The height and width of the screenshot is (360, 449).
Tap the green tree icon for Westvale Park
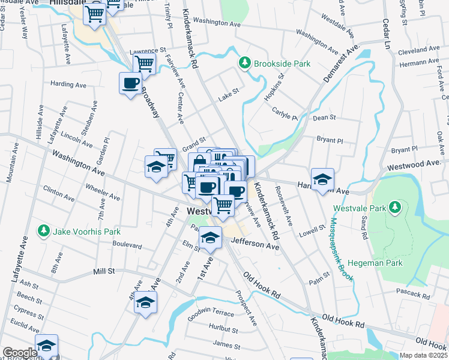tap(395, 208)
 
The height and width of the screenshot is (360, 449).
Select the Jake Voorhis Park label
tap(87, 232)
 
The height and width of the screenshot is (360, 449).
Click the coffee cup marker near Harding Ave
tap(130, 83)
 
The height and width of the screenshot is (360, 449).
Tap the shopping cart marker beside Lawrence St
tap(144, 63)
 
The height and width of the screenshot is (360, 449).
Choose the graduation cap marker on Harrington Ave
tap(322, 179)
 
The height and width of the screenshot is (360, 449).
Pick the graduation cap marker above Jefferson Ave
tap(210, 239)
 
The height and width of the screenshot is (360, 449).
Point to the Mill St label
tap(104, 272)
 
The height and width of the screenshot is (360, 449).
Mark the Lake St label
tap(229, 91)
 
